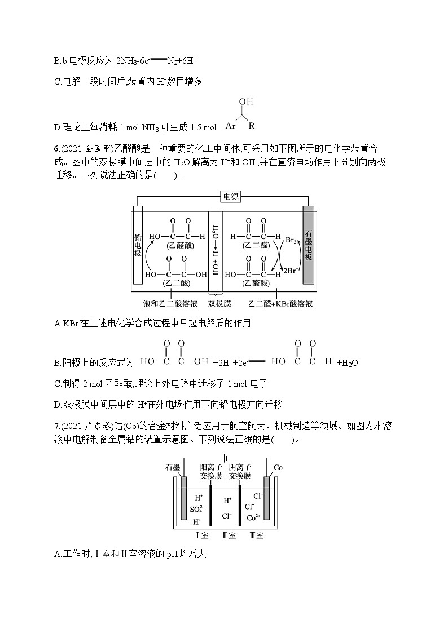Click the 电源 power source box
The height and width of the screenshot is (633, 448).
pyautogui.click(x=231, y=196)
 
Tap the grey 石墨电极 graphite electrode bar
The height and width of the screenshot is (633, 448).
pyautogui.click(x=308, y=244)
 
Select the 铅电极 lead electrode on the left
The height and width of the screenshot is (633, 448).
pyautogui.click(x=137, y=244)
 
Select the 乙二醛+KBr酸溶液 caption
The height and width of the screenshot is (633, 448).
pyautogui.click(x=280, y=304)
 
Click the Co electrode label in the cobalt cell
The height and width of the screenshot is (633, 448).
pyautogui.click(x=278, y=468)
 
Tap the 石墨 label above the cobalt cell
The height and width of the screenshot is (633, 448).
pyautogui.click(x=174, y=468)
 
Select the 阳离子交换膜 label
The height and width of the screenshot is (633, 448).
pyautogui.click(x=210, y=471)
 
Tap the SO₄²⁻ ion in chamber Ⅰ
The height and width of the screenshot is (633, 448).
pyautogui.click(x=199, y=509)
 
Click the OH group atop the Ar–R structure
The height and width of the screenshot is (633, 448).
pyautogui.click(x=246, y=102)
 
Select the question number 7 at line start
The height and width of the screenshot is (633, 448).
pyautogui.click(x=56, y=426)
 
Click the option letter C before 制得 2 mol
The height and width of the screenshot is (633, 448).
pyautogui.click(x=57, y=383)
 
